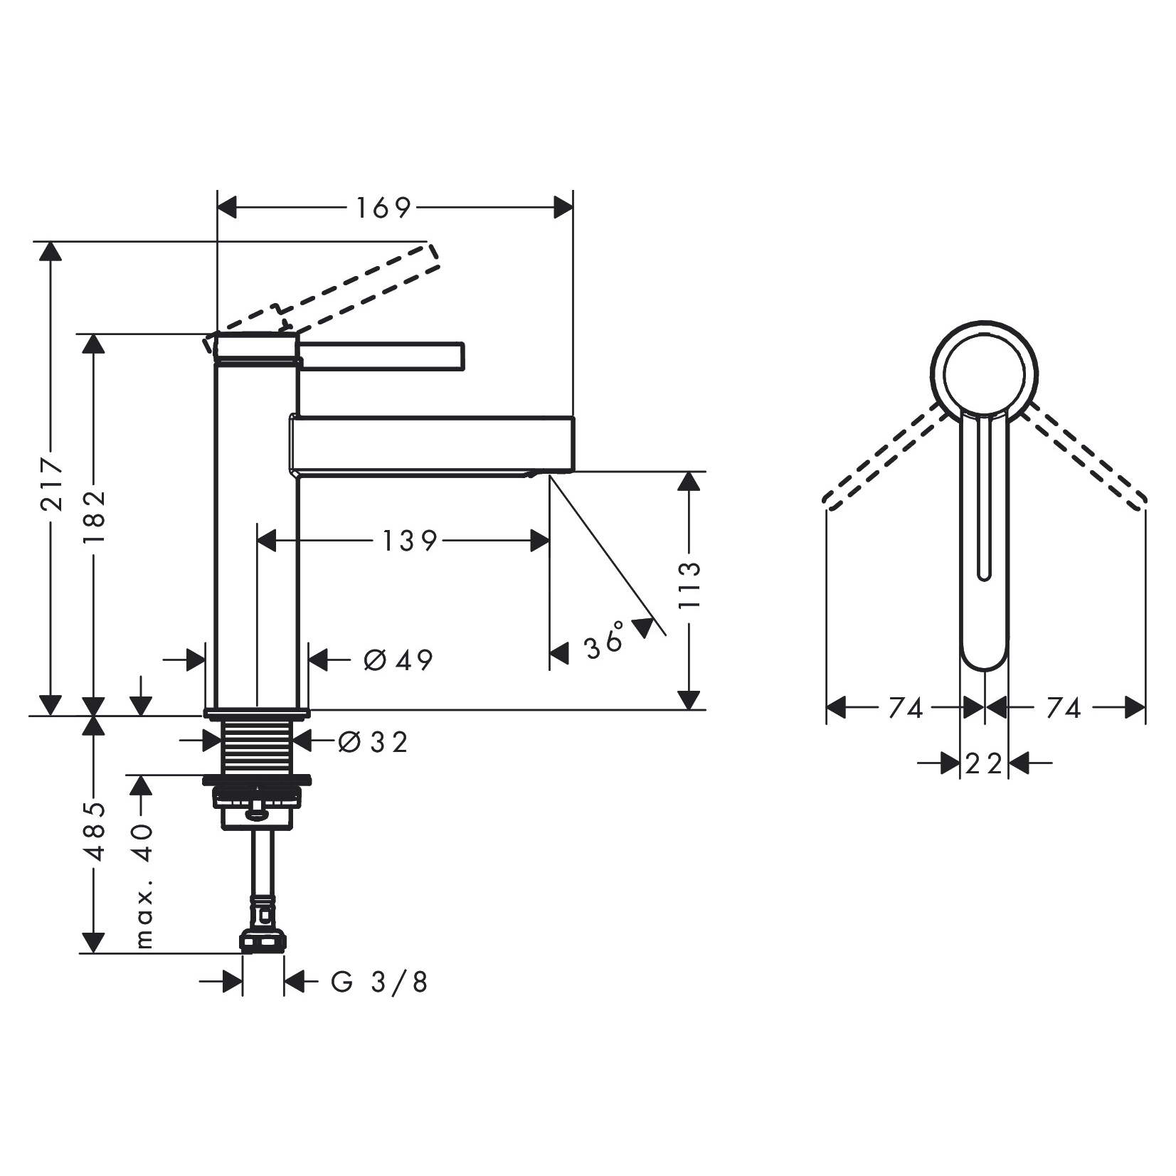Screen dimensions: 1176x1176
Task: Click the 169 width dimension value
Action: [383, 208]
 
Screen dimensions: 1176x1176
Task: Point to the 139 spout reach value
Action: [409, 541]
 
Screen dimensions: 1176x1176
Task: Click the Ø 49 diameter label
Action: [398, 660]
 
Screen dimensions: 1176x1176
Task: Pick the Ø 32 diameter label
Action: [373, 743]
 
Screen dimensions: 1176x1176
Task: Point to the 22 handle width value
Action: [984, 764]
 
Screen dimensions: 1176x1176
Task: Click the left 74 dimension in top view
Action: [905, 708]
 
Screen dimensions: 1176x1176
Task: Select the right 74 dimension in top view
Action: [1063, 708]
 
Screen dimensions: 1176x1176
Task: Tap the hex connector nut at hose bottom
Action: [263, 941]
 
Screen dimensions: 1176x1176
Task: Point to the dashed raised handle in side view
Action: [356, 288]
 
